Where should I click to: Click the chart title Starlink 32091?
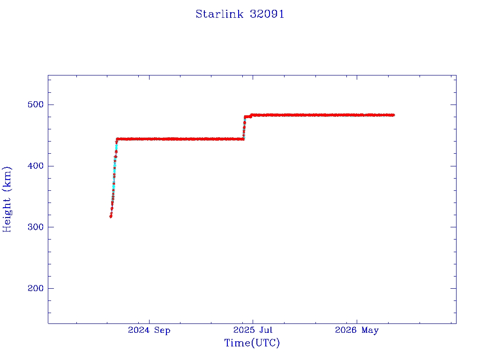pos(240,14)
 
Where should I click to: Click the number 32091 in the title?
pos(267,14)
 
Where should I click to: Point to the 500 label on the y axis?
pos(36,105)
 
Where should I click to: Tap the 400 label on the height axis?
pos(36,166)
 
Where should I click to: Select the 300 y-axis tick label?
pos(36,227)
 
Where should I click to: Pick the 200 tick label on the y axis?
pos(36,288)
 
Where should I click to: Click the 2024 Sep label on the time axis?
pos(149,330)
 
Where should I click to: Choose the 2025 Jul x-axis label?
pos(253,330)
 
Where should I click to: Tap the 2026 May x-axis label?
pos(357,330)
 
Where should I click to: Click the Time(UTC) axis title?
pos(252,343)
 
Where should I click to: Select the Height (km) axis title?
pos(7,199)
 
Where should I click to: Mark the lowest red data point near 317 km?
pos(111,217)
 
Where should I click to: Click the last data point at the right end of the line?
pos(393,115)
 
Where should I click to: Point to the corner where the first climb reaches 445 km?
pos(117,139)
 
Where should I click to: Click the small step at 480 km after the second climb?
pos(247,117)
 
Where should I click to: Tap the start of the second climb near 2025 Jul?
pos(244,139)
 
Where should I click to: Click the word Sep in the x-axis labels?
pos(162,330)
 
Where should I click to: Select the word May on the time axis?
pos(370,330)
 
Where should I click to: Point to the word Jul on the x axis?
pos(266,330)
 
